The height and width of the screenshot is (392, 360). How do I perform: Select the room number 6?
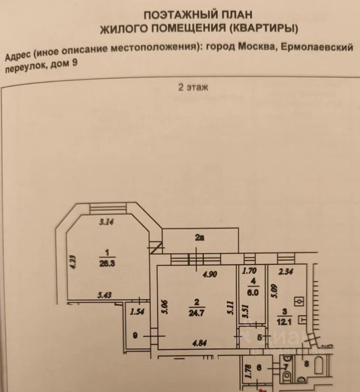pyautogui.click(x=259, y=368)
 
